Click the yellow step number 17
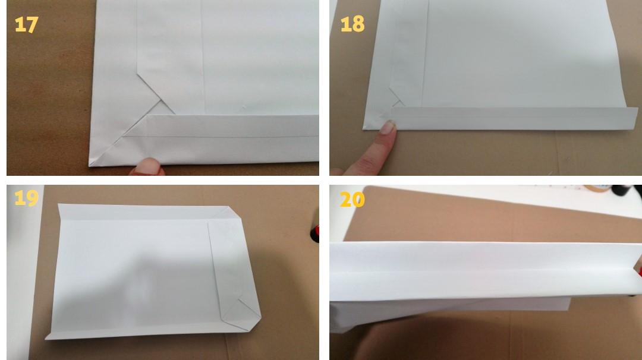click(x=26, y=24)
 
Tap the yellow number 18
click(x=352, y=24)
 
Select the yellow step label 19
click(x=26, y=198)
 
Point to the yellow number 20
click(x=352, y=200)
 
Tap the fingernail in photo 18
click(x=388, y=127)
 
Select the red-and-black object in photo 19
click(x=314, y=233)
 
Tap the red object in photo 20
click(x=638, y=271)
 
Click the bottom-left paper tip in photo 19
click(x=46, y=338)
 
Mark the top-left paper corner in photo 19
click(x=58, y=204)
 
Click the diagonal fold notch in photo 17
click(x=160, y=100)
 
